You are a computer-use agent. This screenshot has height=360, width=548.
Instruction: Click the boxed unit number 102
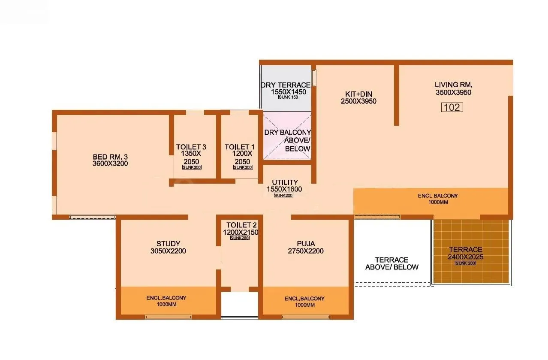point(452,107)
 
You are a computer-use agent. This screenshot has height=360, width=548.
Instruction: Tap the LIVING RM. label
point(453,85)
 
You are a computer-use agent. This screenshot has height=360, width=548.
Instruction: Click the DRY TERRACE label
point(286,85)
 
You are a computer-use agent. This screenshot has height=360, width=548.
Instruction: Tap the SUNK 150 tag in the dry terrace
point(289,97)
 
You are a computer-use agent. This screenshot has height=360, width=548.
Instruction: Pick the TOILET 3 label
point(191,147)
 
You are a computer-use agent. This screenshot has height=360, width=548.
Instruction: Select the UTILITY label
point(285,182)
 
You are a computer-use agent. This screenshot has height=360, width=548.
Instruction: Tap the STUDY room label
point(168,244)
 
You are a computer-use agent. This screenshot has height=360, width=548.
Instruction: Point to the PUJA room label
point(306,244)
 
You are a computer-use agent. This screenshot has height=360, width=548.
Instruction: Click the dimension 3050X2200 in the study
point(168,251)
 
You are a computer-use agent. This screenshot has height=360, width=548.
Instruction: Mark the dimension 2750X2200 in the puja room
point(306,251)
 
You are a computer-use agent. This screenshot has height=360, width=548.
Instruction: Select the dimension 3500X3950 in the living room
point(453,92)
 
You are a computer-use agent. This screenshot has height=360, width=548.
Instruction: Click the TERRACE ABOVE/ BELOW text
point(392,263)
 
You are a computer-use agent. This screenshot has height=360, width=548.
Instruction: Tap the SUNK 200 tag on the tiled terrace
point(465,263)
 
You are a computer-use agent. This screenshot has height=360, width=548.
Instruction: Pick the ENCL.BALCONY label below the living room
point(438,196)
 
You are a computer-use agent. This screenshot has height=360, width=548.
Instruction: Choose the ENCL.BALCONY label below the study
point(166,298)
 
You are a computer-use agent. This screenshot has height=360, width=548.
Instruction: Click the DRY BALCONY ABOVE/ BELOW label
point(287,140)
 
